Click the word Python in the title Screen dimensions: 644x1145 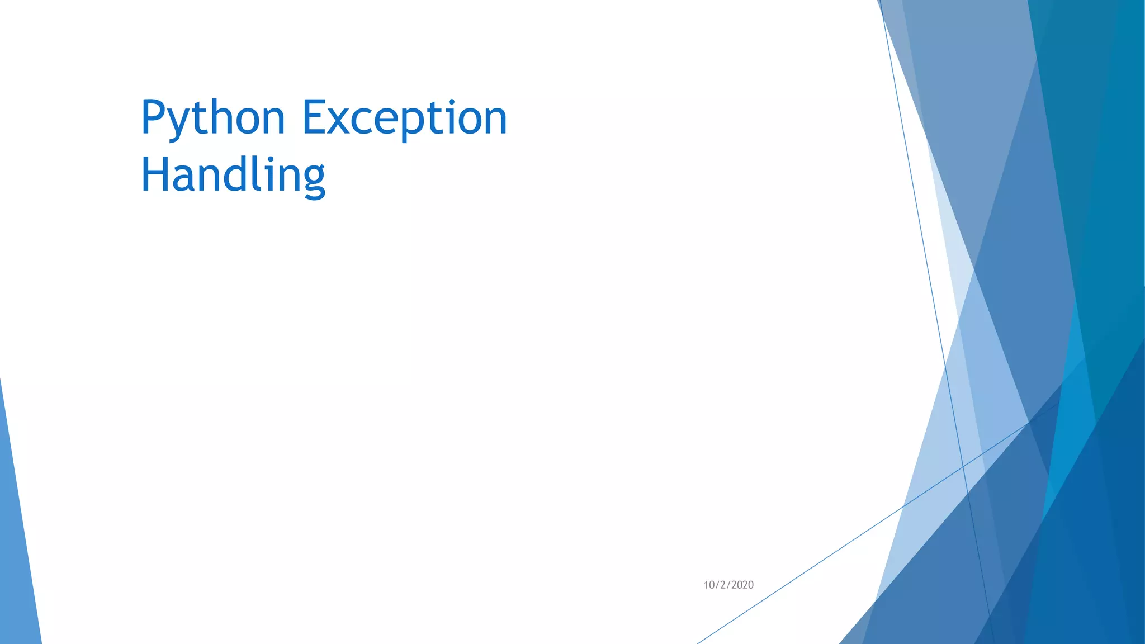[213, 118]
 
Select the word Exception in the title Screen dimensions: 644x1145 [404, 118]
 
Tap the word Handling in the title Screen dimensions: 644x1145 [233, 176]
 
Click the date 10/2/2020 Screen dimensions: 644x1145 [728, 585]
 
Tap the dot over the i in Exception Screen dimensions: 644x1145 [452, 102]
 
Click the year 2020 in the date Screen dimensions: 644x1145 [742, 585]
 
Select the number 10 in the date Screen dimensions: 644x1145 [708, 585]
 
